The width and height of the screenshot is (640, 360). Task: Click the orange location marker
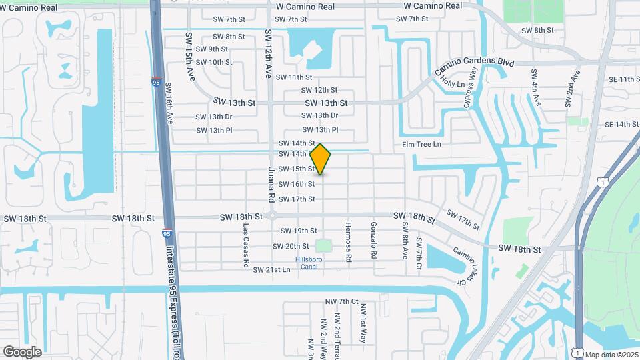click(321, 159)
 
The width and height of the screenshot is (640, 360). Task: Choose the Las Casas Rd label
click(246, 236)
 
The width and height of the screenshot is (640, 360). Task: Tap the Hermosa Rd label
click(347, 237)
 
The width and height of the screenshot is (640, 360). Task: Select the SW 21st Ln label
click(272, 269)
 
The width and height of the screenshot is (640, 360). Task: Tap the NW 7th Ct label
click(342, 302)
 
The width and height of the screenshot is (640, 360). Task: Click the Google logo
click(22, 351)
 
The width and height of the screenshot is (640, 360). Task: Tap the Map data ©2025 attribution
click(611, 355)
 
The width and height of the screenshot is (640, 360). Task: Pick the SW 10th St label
click(211, 62)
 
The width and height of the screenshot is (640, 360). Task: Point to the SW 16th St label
click(297, 184)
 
